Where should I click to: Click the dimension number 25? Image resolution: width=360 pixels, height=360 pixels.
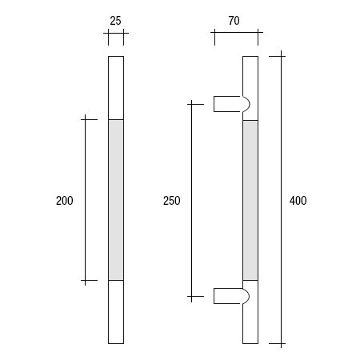coord(116,22)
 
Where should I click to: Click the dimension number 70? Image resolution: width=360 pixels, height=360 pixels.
coord(235,22)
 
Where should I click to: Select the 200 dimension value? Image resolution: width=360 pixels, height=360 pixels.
coord(65,201)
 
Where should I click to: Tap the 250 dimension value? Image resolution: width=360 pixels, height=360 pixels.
coord(171,201)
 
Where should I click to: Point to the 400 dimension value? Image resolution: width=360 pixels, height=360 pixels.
coord(298,201)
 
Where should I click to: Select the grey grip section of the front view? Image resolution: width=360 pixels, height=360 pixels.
coord(116,200)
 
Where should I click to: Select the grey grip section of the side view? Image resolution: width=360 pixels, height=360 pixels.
coord(250,200)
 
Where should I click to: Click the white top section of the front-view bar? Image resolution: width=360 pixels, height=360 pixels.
coord(116,88)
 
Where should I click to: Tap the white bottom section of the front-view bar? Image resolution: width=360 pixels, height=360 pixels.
coord(116,312)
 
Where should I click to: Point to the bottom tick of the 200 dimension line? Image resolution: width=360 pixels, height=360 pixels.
coord(86,281)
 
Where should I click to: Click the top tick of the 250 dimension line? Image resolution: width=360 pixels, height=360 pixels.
coord(192,103)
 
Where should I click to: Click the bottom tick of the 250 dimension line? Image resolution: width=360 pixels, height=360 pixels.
coord(192,297)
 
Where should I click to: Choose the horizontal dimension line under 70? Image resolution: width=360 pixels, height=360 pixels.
coord(235,34)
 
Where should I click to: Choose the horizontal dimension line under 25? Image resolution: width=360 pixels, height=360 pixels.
coord(116,34)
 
